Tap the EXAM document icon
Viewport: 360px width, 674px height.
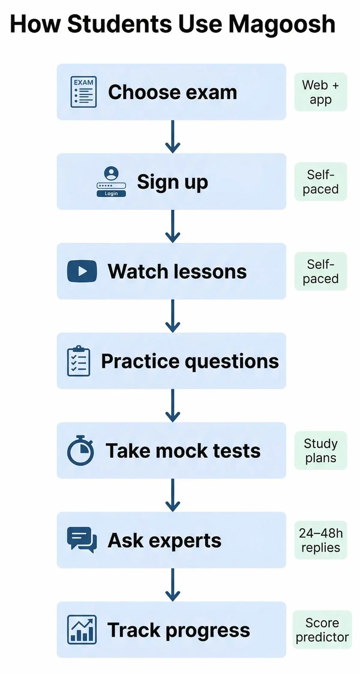coord(83,92)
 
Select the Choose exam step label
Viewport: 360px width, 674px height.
coord(172,92)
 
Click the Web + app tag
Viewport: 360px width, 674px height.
coord(320,92)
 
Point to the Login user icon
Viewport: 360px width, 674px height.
coord(111,181)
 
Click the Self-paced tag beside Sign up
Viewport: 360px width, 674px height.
coord(320,182)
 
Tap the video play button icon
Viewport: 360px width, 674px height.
coord(82,271)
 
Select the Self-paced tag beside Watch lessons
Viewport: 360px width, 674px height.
coord(320,271)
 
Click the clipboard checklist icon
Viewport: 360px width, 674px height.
coord(79,361)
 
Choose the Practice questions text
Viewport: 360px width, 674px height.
coord(190,361)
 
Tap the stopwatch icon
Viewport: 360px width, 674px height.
coord(80,450)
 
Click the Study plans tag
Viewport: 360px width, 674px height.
coord(320,450)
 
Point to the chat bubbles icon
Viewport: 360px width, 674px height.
coord(82,540)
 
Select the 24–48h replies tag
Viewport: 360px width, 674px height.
coord(320,540)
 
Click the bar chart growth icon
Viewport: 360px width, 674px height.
coord(82,630)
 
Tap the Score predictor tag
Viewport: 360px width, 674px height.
coord(322,630)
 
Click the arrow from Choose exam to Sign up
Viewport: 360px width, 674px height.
coord(172,137)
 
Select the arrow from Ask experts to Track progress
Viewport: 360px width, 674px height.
coord(172,585)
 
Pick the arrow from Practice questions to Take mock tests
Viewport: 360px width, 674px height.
coord(172,406)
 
